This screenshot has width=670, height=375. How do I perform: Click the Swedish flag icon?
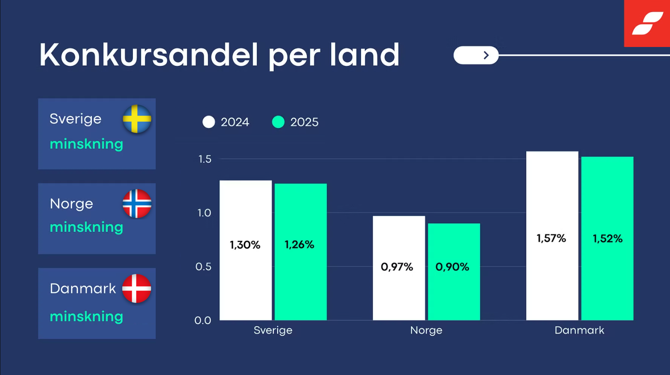click(137, 119)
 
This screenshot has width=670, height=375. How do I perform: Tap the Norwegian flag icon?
click(137, 204)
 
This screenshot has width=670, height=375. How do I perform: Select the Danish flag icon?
click(137, 288)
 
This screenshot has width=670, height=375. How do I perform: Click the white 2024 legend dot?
click(208, 122)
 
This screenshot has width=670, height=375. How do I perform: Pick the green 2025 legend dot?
click(278, 122)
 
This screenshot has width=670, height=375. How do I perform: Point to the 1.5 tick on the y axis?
click(205, 159)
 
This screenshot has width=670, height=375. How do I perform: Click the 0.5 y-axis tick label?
click(203, 267)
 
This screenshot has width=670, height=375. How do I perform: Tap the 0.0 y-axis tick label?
click(203, 320)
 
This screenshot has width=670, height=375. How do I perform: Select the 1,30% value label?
click(245, 245)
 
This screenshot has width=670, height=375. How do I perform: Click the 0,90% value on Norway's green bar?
click(452, 267)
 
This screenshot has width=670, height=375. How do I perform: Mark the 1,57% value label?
click(551, 238)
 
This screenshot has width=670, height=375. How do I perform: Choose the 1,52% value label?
click(607, 239)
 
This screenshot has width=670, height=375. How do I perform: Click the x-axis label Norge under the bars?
click(426, 331)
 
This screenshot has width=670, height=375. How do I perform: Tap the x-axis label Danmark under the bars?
click(579, 330)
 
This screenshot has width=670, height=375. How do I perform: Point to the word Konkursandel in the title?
click(149, 55)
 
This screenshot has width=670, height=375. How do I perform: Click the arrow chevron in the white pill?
click(486, 55)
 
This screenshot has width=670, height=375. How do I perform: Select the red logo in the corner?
click(647, 23)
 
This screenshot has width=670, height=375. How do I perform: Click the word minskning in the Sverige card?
click(87, 144)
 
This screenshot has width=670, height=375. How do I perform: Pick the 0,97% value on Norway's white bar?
click(397, 267)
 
